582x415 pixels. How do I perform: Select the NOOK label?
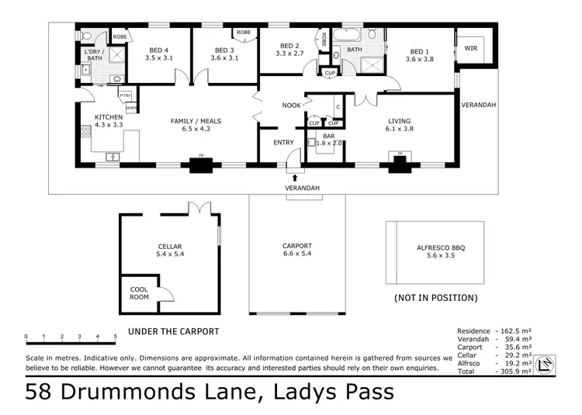[x=291, y=105]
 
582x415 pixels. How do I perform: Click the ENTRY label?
[x=283, y=143]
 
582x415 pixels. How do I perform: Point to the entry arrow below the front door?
[x=294, y=178]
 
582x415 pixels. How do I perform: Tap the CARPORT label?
[x=296, y=247]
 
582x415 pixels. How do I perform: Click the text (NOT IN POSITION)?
[x=435, y=298]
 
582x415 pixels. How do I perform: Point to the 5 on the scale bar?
[x=116, y=337]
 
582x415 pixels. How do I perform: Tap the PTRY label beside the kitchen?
[x=125, y=95]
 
